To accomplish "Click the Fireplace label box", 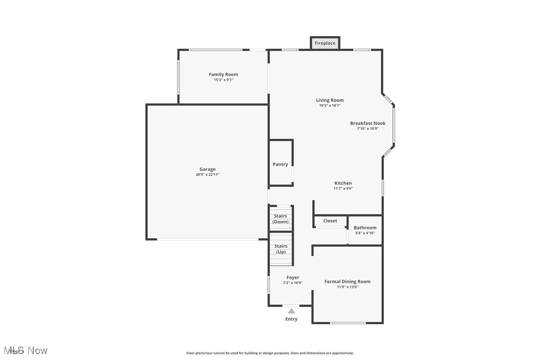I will (325, 43).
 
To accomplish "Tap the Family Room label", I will (223, 75).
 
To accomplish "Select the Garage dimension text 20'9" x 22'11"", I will (207, 175).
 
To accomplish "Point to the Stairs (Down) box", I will (281, 219).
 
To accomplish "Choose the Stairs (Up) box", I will (281, 249).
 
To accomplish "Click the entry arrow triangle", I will (291, 311).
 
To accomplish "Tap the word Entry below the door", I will (291, 319).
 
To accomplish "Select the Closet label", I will (330, 221).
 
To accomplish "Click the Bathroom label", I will (365, 228).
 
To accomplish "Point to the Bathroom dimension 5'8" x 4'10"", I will (365, 233).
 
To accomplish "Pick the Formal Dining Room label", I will (348, 281).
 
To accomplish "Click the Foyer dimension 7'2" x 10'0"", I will (292, 283).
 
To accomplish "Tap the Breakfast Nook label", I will (368, 123).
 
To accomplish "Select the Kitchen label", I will (343, 183).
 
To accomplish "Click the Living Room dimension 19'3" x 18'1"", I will (330, 105).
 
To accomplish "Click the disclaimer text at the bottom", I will (270, 353).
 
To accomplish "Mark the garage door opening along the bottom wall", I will (208, 240).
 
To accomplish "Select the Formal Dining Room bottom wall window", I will (348, 323).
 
